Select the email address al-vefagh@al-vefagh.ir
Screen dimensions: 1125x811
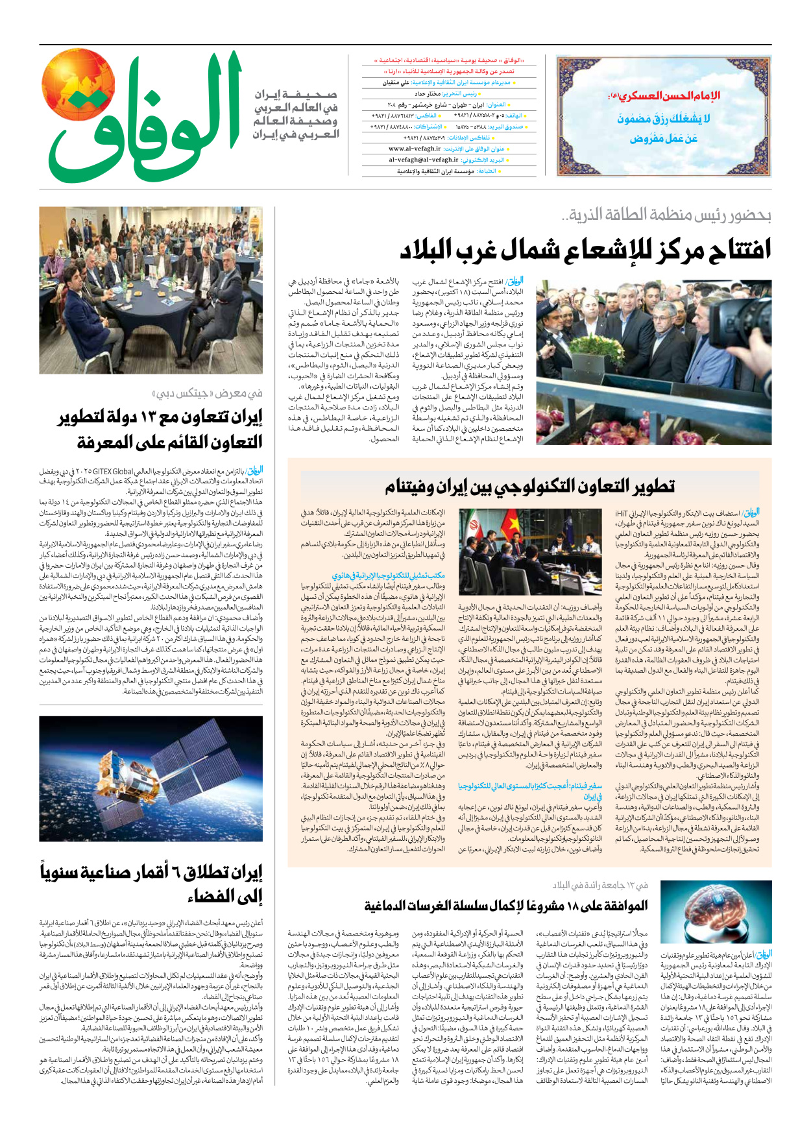point(423,160)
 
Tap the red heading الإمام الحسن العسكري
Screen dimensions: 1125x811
point(664,97)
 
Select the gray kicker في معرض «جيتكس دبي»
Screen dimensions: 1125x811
point(208,393)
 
